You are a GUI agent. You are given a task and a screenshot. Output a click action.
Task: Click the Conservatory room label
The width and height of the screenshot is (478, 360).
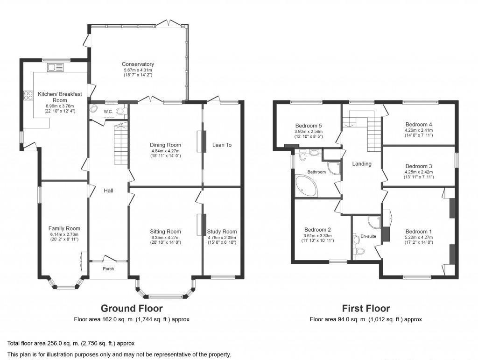click(x=138, y=64)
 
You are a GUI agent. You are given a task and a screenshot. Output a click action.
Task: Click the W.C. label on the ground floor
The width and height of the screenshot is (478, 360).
click(x=108, y=111)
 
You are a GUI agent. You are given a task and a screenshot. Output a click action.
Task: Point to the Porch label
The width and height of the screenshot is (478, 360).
click(x=108, y=268)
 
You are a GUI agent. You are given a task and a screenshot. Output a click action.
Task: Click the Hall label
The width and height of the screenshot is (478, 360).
click(x=109, y=191)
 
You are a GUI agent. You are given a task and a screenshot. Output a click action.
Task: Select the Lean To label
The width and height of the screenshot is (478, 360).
click(x=222, y=145)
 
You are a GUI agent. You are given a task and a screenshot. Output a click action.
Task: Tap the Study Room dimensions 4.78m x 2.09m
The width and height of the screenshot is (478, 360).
click(x=222, y=237)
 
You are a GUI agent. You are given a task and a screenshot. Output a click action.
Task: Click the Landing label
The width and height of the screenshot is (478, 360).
click(x=362, y=163)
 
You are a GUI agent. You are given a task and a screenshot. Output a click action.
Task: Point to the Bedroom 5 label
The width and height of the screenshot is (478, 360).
click(x=309, y=126)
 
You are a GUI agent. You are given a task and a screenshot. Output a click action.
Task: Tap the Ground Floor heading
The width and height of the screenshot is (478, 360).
click(x=132, y=308)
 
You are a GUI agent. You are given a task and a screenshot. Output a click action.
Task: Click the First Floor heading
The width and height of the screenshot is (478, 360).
click(x=366, y=308)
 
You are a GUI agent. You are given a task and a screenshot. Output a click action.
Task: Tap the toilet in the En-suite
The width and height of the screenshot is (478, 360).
click(x=359, y=253)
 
